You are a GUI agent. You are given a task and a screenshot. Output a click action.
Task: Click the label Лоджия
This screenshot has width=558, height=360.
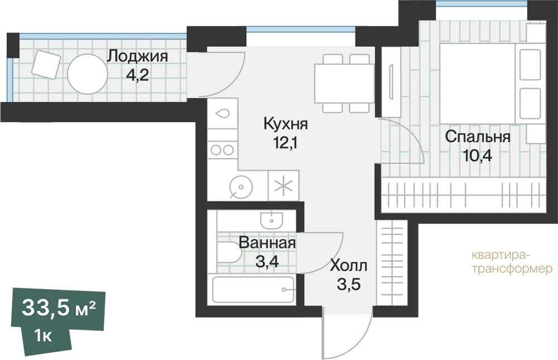pos(138,56)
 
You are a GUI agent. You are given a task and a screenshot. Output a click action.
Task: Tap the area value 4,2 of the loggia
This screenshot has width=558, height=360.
pos(137,75)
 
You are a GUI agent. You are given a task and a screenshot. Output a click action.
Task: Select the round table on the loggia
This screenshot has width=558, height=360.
pos(87,74)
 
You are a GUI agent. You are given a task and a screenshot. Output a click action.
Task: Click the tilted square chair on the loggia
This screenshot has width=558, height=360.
pos(46,64)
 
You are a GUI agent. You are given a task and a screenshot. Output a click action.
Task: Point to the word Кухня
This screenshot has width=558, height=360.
pos(286,124)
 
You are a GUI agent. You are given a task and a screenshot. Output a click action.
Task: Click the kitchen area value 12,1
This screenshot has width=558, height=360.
pos(285,143)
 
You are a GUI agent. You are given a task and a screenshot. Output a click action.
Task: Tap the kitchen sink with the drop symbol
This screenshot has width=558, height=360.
pos(223,114)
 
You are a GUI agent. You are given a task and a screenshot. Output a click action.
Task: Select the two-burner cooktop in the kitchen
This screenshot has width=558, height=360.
pos(223,150)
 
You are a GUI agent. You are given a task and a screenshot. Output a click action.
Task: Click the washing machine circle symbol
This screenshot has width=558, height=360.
pos(241,187)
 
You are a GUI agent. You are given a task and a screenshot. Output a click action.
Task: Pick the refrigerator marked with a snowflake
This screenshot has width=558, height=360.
pos(283,185)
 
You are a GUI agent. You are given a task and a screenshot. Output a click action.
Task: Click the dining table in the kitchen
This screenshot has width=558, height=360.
pos(344,83)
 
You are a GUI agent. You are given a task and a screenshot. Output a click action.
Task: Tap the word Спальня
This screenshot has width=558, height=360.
pos(478,137)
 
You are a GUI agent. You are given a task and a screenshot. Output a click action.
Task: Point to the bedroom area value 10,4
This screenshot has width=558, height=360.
pos(478,155)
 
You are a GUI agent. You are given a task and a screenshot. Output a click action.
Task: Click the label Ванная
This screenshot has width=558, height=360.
pos(267,243)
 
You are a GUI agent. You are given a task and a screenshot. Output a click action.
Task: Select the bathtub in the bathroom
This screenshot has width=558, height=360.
pos(253,289)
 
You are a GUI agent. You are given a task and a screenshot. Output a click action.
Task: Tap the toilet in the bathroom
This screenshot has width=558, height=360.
pos(229,252)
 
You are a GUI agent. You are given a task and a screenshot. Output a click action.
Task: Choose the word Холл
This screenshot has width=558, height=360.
pos(348,266)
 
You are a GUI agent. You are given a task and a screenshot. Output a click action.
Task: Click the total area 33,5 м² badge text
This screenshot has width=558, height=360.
pos(59,308)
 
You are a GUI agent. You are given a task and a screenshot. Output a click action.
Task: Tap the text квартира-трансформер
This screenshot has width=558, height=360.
pos(512,262)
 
